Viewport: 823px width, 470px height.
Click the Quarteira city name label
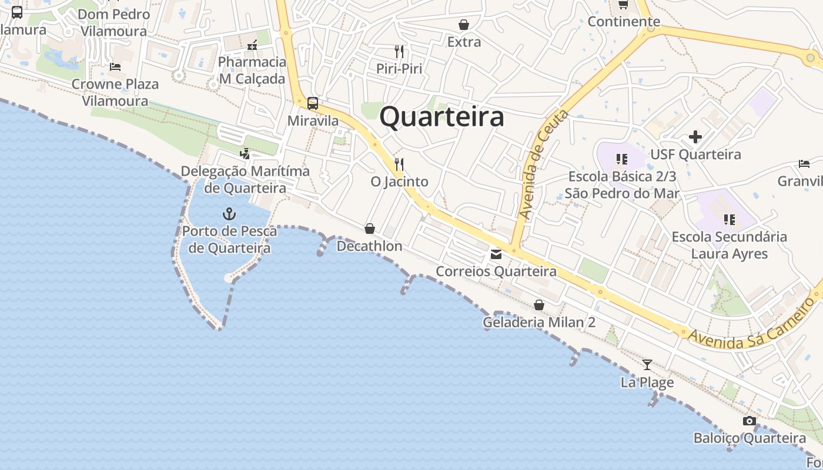coord(441,117)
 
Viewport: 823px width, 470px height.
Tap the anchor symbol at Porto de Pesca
coord(229,214)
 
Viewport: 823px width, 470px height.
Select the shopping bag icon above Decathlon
coord(370,229)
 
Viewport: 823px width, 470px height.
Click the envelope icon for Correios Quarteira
coord(496,254)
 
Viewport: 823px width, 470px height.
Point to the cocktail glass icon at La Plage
coord(647,365)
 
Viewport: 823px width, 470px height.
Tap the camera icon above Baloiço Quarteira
coord(749,421)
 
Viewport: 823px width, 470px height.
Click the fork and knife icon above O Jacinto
coord(399,164)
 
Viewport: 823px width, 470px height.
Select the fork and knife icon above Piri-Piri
coord(399,51)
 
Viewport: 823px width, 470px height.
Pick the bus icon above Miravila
coord(313,103)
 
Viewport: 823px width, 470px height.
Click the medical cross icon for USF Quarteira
coord(695,137)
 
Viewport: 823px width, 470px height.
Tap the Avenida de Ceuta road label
coord(544,165)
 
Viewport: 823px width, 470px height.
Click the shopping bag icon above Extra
coord(464,25)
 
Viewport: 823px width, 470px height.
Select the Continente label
coord(624,22)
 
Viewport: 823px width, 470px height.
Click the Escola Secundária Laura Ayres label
coord(729,245)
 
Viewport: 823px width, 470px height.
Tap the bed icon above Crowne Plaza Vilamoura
coord(115,67)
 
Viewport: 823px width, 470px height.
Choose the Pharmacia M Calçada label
coord(252,70)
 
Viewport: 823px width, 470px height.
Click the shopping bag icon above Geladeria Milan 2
coord(539,305)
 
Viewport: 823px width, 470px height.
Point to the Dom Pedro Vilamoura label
coord(113,22)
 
